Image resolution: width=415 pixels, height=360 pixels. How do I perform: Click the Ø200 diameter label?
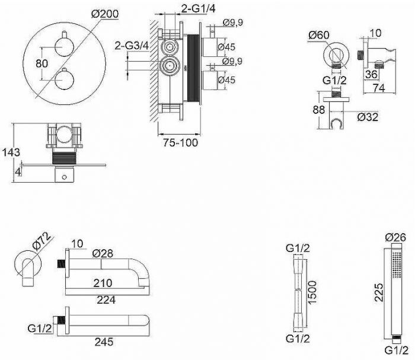[x=104, y=12]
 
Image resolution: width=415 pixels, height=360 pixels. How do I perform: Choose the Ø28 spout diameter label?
[x=104, y=253]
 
